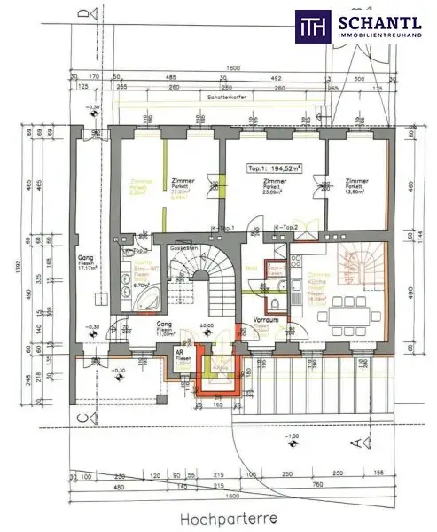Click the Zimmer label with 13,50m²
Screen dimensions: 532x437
click(x=355, y=185)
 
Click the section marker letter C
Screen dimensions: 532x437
click(x=82, y=418)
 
